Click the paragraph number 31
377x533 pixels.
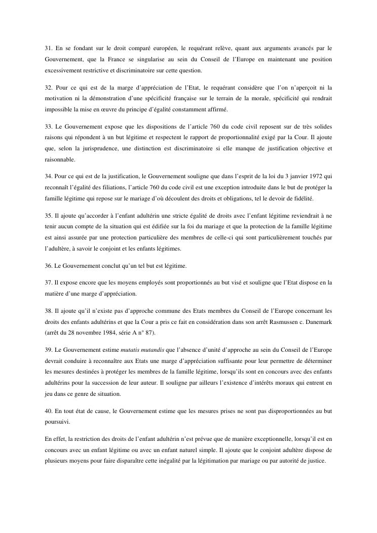[x=49, y=49]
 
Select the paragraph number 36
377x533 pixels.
[x=49, y=266]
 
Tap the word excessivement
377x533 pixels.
[x=64, y=71]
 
